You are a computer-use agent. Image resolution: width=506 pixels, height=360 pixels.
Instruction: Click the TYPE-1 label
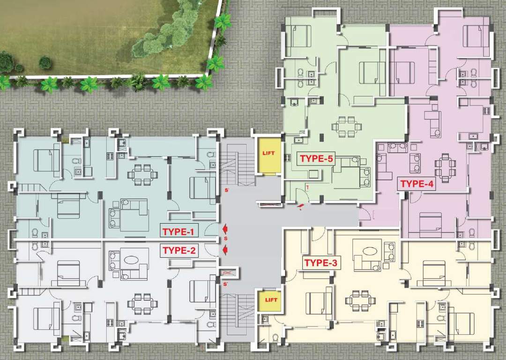[x=180, y=231]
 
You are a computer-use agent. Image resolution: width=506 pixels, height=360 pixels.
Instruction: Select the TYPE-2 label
[x=179, y=250]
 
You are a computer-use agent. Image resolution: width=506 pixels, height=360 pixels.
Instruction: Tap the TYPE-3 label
[x=320, y=263]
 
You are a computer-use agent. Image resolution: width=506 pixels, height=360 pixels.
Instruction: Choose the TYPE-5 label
[x=316, y=158]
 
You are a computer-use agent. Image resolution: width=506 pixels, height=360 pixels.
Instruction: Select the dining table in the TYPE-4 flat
[x=445, y=165]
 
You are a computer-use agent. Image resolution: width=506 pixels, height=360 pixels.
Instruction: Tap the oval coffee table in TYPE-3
[x=366, y=248]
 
